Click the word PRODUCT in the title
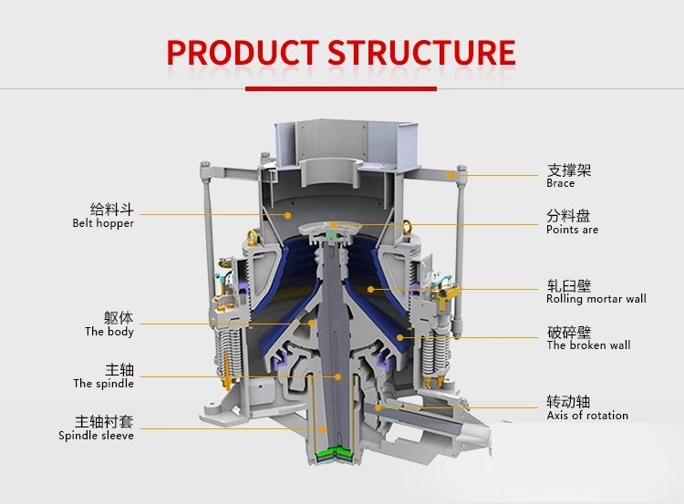click(x=242, y=52)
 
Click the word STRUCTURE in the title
click(x=421, y=52)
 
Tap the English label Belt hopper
click(x=103, y=223)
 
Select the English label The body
click(x=109, y=332)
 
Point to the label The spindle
click(x=103, y=384)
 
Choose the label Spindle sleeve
click(x=96, y=436)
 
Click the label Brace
click(x=561, y=183)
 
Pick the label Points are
click(x=573, y=230)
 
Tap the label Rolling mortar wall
click(x=596, y=299)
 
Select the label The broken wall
click(x=588, y=345)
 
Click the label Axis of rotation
click(x=587, y=416)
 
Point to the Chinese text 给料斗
click(x=112, y=209)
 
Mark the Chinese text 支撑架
click(x=568, y=170)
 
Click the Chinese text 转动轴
click(x=568, y=401)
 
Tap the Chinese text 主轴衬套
click(x=104, y=421)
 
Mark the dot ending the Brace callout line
click(x=450, y=174)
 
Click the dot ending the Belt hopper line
click(x=288, y=215)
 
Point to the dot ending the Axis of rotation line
click(x=377, y=407)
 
